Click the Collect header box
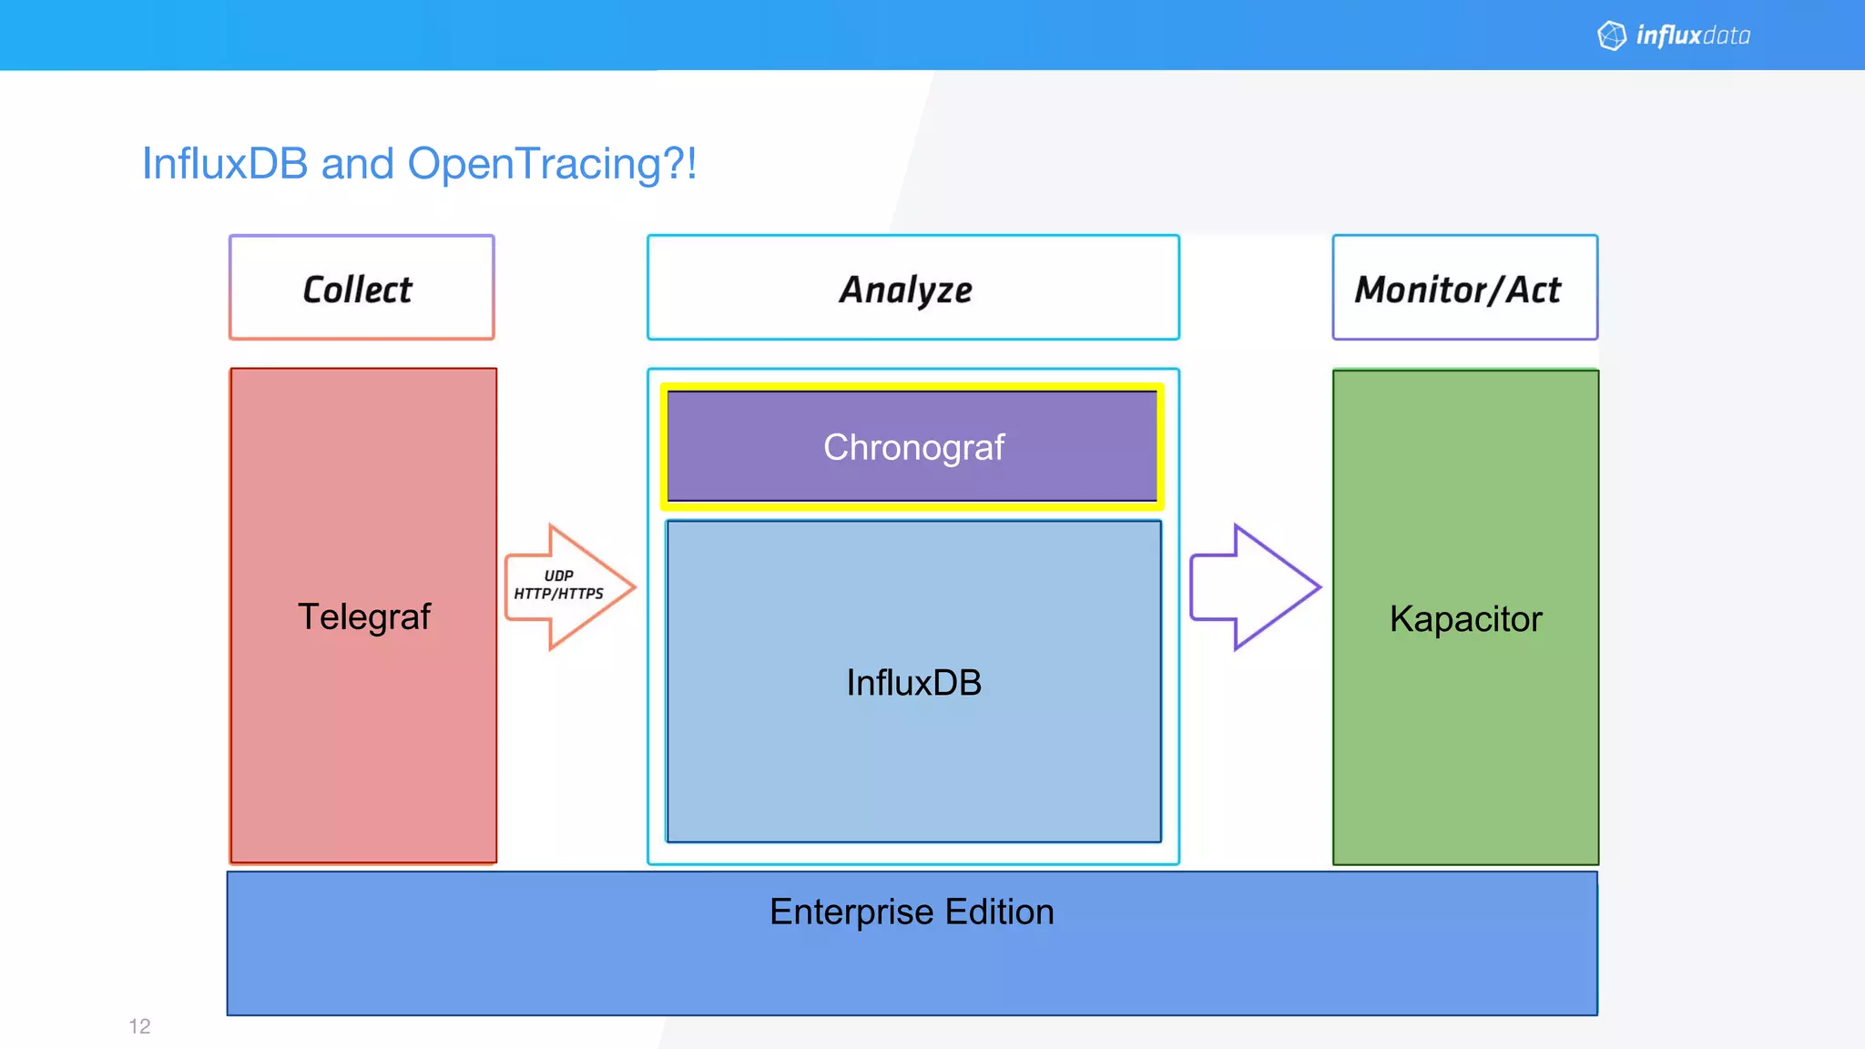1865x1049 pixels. coord(362,288)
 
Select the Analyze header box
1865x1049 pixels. coord(912,288)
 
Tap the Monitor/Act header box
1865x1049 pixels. coord(1464,288)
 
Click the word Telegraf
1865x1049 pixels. coord(363,616)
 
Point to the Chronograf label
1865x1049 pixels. coord(913,447)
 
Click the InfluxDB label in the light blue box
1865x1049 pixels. coord(913,683)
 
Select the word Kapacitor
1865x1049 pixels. coord(1465,619)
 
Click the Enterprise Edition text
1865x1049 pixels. coord(912,912)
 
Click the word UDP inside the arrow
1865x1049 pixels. coord(558,575)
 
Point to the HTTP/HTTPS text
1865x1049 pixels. coord(558,594)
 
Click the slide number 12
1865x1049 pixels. coord(139,1026)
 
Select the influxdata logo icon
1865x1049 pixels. coord(1612,36)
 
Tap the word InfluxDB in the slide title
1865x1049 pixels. coord(225,165)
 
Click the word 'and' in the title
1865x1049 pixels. coord(357,165)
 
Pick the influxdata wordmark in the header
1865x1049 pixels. coord(1693,36)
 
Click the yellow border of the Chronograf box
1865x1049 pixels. coord(912,387)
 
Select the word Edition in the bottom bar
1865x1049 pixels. coord(999,912)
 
